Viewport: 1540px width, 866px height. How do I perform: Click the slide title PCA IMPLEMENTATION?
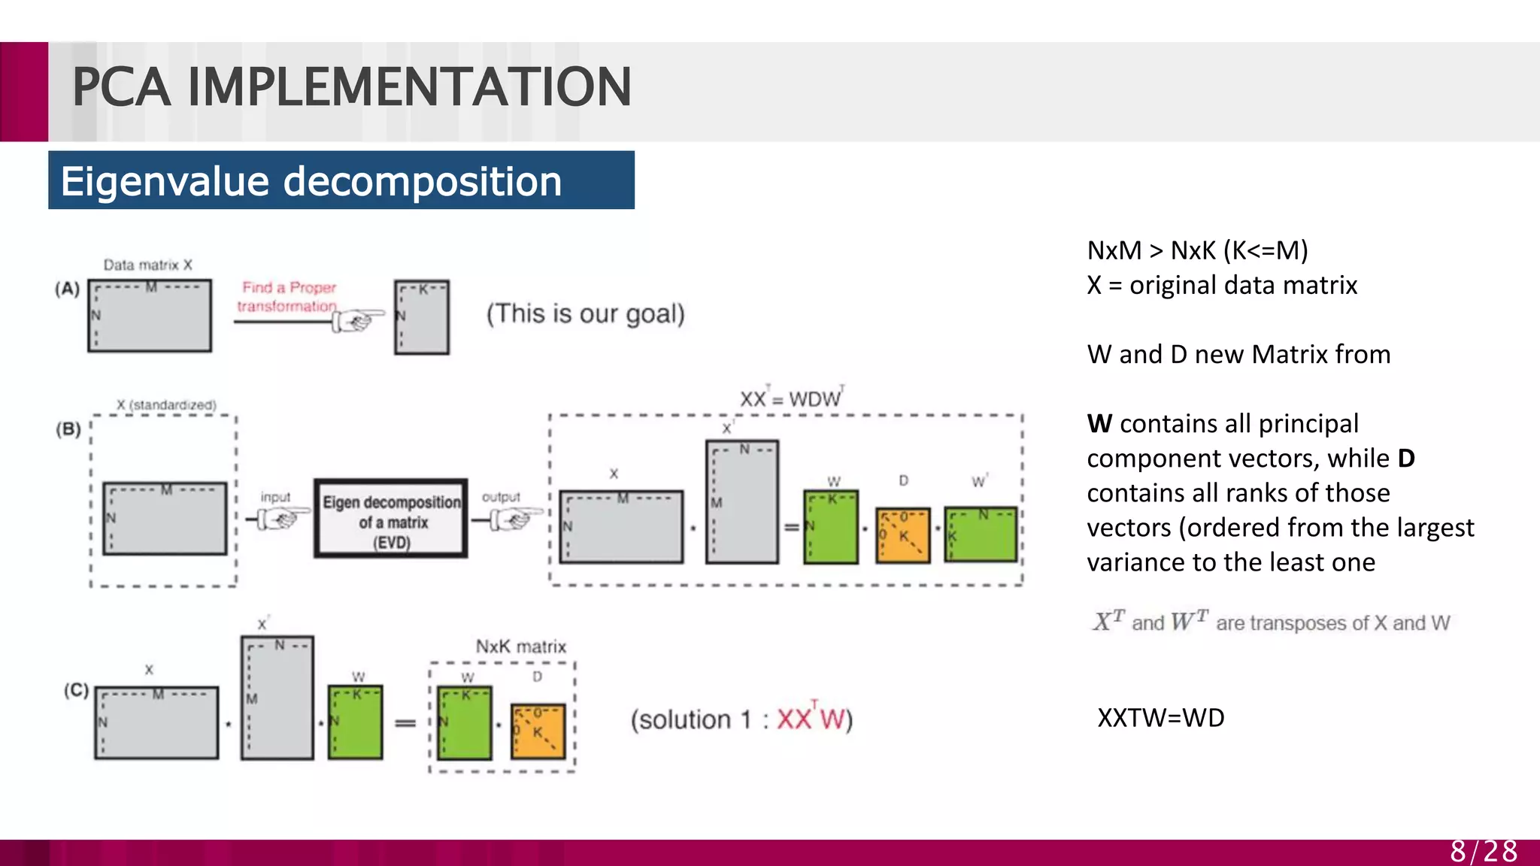point(351,87)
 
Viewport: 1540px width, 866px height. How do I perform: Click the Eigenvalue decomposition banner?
point(341,181)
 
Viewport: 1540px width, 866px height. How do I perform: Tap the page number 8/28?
point(1483,851)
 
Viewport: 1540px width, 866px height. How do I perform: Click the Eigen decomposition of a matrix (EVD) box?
point(391,519)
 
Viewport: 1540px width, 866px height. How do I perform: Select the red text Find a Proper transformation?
point(288,297)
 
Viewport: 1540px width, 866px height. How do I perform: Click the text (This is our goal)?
point(585,313)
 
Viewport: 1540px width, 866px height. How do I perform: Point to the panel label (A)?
point(67,289)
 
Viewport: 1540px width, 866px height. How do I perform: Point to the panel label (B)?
point(68,429)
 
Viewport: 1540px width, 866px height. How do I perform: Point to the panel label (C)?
point(76,689)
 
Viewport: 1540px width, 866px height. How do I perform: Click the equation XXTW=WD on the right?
point(1160,718)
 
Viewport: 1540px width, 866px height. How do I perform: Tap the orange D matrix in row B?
point(903,535)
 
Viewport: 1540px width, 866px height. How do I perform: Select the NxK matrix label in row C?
point(520,646)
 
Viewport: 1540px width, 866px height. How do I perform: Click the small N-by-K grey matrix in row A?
point(422,317)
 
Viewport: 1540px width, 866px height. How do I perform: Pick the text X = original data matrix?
point(1222,286)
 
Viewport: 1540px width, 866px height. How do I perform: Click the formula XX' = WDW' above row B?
point(791,398)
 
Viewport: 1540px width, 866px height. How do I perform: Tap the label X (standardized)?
point(166,404)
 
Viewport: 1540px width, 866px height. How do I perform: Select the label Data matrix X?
point(148,265)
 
